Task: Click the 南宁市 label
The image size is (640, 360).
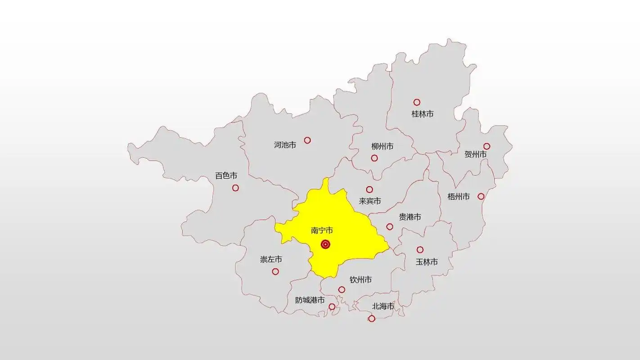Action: pyautogui.click(x=322, y=230)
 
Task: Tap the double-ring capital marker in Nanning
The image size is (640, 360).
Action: pyautogui.click(x=325, y=244)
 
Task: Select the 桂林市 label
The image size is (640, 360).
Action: pyautogui.click(x=423, y=114)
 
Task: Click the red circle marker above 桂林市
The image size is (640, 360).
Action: pyautogui.click(x=417, y=102)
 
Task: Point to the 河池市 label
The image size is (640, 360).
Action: pyautogui.click(x=285, y=145)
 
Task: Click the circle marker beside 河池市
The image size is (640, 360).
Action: pyautogui.click(x=307, y=140)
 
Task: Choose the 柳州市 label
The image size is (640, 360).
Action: pyautogui.click(x=382, y=146)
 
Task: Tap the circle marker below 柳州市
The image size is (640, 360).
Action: pyautogui.click(x=374, y=158)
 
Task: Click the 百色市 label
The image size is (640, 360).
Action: pyautogui.click(x=226, y=175)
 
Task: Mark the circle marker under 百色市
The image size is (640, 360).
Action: pyautogui.click(x=235, y=188)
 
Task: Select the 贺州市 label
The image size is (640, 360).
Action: pyautogui.click(x=475, y=154)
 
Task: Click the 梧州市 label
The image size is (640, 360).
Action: pyautogui.click(x=459, y=197)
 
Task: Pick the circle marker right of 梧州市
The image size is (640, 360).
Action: pyautogui.click(x=481, y=196)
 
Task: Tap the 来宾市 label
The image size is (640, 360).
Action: pyautogui.click(x=370, y=201)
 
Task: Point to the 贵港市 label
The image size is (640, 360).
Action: pyautogui.click(x=410, y=217)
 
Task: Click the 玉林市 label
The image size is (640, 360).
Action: pyautogui.click(x=427, y=261)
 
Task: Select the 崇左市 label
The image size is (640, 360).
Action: pyautogui.click(x=271, y=260)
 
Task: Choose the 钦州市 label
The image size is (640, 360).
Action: pyautogui.click(x=361, y=280)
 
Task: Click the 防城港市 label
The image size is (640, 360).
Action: pyautogui.click(x=310, y=300)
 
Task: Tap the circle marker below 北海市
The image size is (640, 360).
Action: pyautogui.click(x=372, y=319)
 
